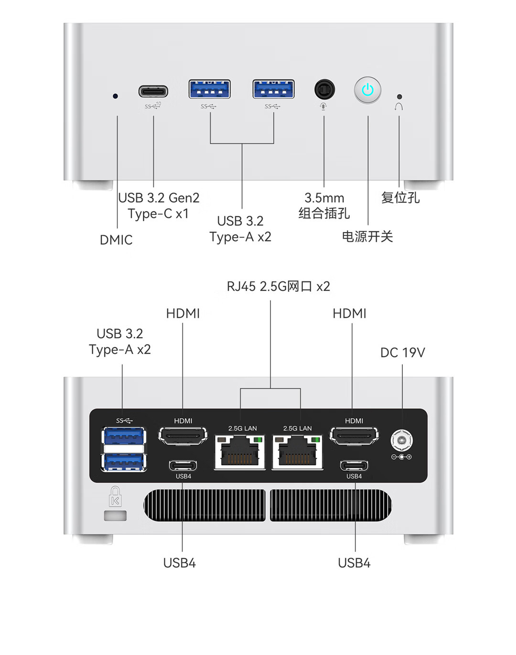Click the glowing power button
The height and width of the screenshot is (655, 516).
[x=367, y=90]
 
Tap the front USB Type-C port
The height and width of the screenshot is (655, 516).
[x=153, y=91]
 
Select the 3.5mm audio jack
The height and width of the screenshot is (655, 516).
[x=324, y=89]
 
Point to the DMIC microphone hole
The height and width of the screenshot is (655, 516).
[x=115, y=96]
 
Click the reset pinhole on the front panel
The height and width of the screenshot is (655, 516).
[x=399, y=97]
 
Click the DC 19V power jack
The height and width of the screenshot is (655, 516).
[x=401, y=440]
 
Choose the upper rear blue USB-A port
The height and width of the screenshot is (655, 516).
[x=123, y=437]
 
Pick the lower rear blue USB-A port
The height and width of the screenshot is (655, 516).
[x=123, y=462]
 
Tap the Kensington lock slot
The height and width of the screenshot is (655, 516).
[x=115, y=515]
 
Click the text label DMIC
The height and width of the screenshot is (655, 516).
[x=116, y=240]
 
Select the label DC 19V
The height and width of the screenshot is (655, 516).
[x=402, y=353]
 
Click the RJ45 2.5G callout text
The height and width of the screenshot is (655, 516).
[x=278, y=286]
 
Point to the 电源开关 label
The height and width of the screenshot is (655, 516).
[x=367, y=236]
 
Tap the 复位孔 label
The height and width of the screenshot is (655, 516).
[x=400, y=197]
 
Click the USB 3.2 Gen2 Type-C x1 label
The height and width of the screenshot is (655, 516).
[x=159, y=205]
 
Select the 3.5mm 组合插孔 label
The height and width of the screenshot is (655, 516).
[x=324, y=205]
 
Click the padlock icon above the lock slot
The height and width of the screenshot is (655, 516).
[x=115, y=496]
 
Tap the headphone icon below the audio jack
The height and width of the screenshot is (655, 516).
[x=323, y=106]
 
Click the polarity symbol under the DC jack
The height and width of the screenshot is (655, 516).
[x=401, y=457]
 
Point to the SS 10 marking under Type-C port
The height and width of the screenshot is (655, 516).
[x=153, y=106]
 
